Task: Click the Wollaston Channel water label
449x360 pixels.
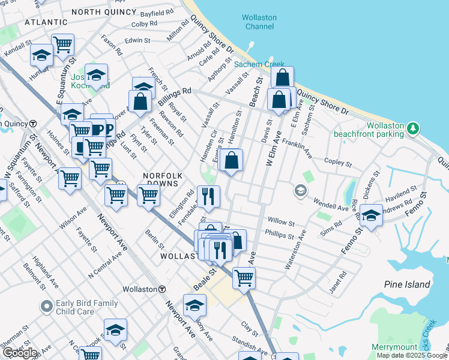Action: point(259,22)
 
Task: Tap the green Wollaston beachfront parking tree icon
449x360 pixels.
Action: point(412,128)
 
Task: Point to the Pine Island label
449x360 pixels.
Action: point(408,284)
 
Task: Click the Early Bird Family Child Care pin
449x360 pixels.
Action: point(46,307)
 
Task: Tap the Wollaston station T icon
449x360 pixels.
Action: point(162,289)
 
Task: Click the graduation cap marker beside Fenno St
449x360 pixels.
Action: point(372,216)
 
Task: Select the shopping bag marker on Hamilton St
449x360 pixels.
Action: point(232,160)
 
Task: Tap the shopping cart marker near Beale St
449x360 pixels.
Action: point(244,277)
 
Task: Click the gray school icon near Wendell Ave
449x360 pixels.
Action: point(300,191)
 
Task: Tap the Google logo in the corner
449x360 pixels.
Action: point(19,353)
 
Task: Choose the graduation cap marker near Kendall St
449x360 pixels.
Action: point(41,55)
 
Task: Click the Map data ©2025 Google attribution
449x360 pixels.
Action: point(412,355)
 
